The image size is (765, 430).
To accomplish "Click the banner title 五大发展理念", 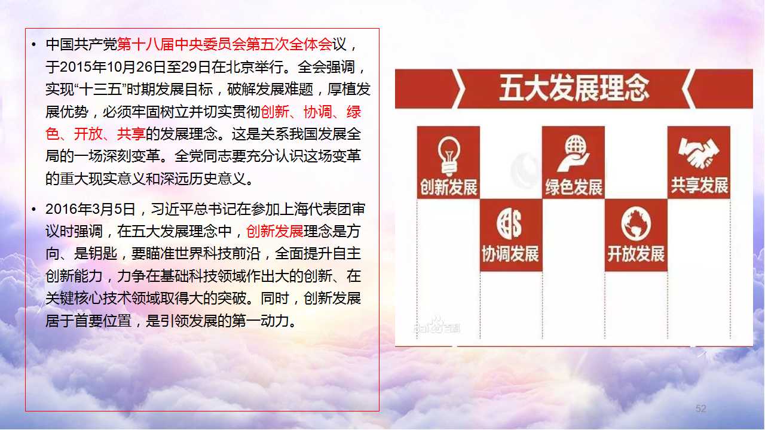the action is click(x=574, y=88).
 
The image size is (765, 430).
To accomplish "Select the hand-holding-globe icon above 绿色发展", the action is click(x=573, y=153).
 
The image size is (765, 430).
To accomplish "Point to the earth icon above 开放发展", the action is click(x=636, y=223).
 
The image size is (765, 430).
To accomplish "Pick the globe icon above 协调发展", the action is click(x=509, y=223).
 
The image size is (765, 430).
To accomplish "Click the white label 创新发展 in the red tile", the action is click(x=448, y=187).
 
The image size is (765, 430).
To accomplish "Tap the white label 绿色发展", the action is click(x=574, y=188).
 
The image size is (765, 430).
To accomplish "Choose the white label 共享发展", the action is click(x=699, y=185).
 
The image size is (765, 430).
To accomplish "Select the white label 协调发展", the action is click(x=510, y=254).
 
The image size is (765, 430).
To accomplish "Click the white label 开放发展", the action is click(x=636, y=254).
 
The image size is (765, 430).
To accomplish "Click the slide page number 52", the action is click(x=701, y=408).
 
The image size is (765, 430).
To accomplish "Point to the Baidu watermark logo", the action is click(x=436, y=325).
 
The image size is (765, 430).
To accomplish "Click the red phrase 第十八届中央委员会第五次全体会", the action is click(x=224, y=44).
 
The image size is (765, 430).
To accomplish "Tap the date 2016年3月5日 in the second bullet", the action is click(x=90, y=209).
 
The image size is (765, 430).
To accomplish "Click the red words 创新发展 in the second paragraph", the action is click(x=274, y=231).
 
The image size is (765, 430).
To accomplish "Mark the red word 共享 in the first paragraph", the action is click(x=131, y=134).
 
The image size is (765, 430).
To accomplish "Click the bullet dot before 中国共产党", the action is click(x=33, y=44).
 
